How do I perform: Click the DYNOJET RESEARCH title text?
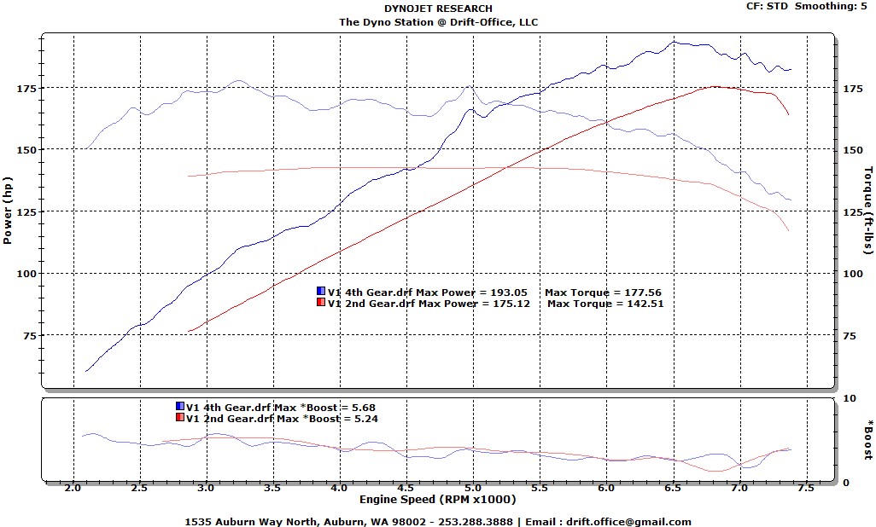[x=438, y=9]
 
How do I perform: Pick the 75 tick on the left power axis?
[x=29, y=336]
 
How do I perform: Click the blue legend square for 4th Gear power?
[x=321, y=291]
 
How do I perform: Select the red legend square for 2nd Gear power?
[x=321, y=303]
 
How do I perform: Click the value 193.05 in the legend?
[x=510, y=292]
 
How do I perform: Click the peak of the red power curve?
[x=713, y=86]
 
